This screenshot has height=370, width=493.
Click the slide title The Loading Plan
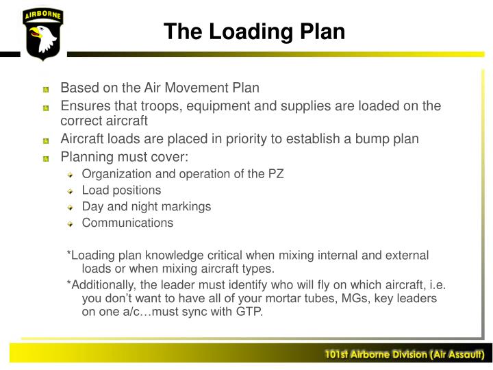(x=255, y=32)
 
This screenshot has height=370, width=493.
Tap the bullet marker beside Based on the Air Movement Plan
(x=46, y=90)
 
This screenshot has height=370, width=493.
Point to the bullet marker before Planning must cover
(x=46, y=157)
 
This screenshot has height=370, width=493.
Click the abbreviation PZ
(x=275, y=173)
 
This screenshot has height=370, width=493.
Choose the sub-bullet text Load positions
(x=121, y=190)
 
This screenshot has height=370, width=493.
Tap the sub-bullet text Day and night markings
(x=147, y=206)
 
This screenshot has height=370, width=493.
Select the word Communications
(x=127, y=223)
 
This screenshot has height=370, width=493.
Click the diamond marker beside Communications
(x=70, y=223)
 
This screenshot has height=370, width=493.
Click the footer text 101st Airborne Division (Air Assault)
(x=405, y=354)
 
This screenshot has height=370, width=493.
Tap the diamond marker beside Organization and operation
(x=70, y=174)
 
